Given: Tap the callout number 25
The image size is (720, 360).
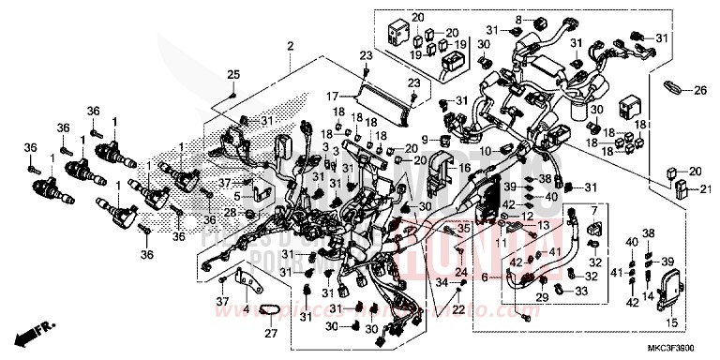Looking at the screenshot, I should coord(234,75).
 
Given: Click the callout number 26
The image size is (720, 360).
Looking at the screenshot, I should coord(699,91).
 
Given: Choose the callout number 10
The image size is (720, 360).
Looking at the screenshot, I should coord(485,151).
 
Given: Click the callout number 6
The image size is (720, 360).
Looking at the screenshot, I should coord(485,278).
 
